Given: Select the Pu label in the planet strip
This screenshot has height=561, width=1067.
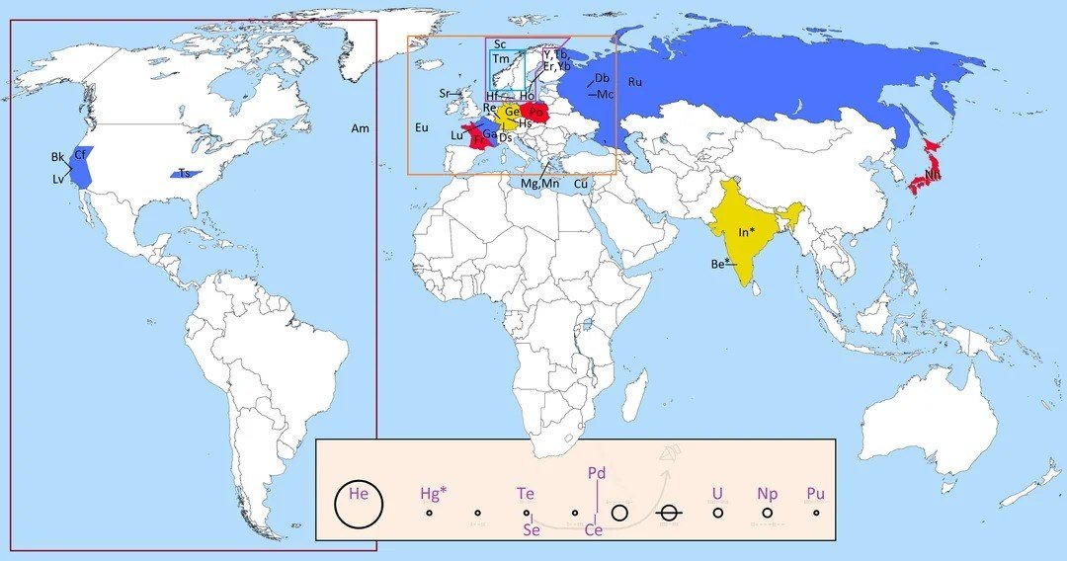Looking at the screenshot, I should [x=815, y=493].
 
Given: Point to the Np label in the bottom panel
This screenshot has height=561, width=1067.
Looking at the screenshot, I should [x=768, y=493].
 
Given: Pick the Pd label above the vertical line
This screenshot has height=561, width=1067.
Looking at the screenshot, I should [x=596, y=473].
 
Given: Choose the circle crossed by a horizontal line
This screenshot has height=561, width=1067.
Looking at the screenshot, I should [x=669, y=513].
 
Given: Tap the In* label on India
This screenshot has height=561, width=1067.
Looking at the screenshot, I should [x=748, y=232].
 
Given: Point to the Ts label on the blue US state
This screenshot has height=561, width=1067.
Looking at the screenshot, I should [x=185, y=174].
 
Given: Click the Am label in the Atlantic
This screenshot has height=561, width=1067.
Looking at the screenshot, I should [x=360, y=128].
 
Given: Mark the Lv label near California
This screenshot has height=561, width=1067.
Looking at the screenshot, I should [x=59, y=179].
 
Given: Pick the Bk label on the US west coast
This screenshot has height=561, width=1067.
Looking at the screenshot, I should [x=58, y=157].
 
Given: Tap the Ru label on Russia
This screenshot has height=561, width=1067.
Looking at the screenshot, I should [x=634, y=82].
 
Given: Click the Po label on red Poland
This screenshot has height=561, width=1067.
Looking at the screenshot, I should [x=536, y=113].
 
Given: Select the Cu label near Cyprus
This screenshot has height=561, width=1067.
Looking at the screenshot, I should [x=581, y=184].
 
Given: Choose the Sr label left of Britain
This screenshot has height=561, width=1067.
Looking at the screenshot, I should [x=446, y=93].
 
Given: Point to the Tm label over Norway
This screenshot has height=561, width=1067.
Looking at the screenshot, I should [x=501, y=60].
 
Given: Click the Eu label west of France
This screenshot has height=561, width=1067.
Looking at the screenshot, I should [x=422, y=127].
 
